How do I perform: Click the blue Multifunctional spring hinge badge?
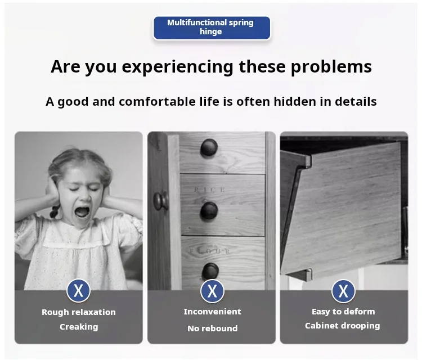click(x=212, y=28)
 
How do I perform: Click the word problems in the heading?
click(x=331, y=66)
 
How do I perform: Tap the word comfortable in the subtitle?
click(x=157, y=101)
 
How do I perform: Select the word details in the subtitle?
click(x=356, y=101)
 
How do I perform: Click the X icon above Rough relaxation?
click(x=78, y=291)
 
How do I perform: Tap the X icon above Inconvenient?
click(x=212, y=291)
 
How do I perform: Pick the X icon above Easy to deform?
click(x=343, y=291)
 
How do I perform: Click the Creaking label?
click(x=79, y=327)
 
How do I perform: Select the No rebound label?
click(x=212, y=328)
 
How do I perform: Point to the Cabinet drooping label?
click(x=342, y=326)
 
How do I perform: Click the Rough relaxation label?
click(x=79, y=312)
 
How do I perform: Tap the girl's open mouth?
click(x=82, y=211)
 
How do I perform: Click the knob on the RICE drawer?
click(x=209, y=211)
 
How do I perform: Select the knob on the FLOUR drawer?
click(x=210, y=271)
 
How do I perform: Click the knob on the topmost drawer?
click(x=209, y=147)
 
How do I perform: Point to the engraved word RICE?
click(x=209, y=190)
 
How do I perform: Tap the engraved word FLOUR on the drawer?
click(x=210, y=251)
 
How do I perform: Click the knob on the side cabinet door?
click(x=161, y=201)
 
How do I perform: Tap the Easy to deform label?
click(x=343, y=311)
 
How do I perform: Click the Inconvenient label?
click(x=212, y=311)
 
